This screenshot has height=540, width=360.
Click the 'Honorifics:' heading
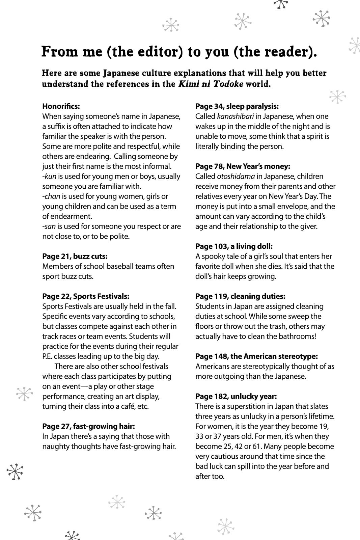(61, 106)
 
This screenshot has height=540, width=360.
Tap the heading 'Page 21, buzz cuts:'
(75, 256)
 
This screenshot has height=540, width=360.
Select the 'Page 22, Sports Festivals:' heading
(86, 296)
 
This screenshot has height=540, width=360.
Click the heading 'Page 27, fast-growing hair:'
(88, 426)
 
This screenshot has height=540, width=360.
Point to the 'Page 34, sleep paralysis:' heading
(237, 106)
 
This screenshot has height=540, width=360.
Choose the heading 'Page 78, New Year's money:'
(243, 166)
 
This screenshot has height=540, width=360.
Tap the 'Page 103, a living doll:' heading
(234, 246)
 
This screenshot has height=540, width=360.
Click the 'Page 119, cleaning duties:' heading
(240, 296)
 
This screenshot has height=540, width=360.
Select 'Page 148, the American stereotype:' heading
(256, 356)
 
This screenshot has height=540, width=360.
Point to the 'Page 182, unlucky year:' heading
(236, 396)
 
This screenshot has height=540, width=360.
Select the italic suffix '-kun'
(49, 177)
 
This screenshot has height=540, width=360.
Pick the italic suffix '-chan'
(51, 196)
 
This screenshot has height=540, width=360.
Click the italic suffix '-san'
(49, 226)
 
